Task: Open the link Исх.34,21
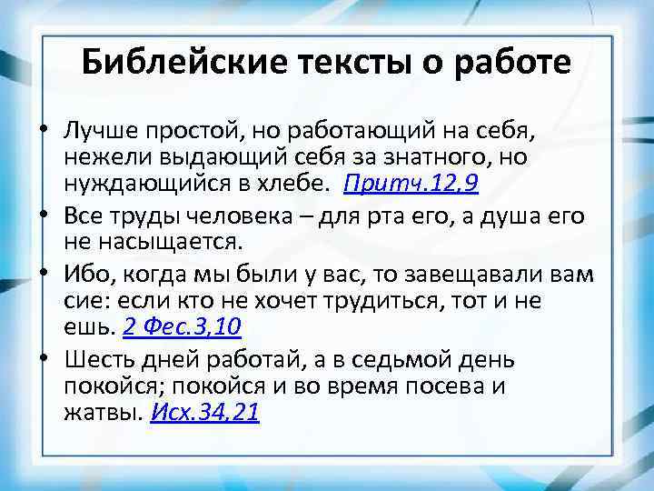coord(205,413)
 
